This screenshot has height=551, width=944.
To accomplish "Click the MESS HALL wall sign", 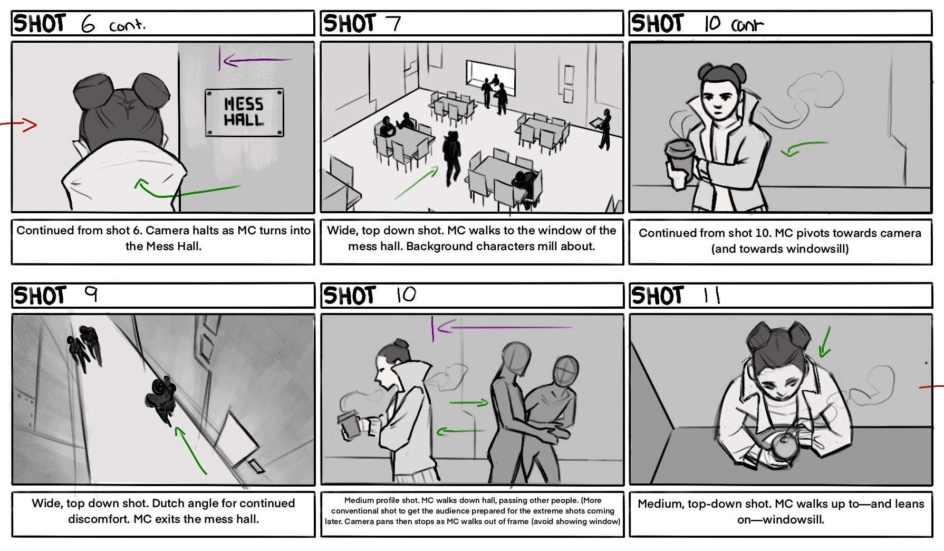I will (x=244, y=112).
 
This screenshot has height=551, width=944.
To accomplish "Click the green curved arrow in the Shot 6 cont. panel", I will (x=187, y=191).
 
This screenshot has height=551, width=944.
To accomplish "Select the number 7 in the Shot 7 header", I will (x=393, y=24).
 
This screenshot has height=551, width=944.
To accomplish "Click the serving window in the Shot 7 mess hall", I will (x=490, y=73).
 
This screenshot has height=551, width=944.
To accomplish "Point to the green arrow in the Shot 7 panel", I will (x=417, y=183).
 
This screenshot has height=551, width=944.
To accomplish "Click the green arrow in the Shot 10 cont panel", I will (x=804, y=148).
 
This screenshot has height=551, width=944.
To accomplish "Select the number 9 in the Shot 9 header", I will (x=91, y=293).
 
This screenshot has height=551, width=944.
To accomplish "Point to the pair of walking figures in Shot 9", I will (x=84, y=347).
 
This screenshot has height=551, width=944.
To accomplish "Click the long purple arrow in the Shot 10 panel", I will (x=501, y=328).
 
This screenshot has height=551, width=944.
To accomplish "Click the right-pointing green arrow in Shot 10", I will (x=469, y=403).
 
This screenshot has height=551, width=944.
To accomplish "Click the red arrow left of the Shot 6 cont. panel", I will (x=21, y=125).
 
